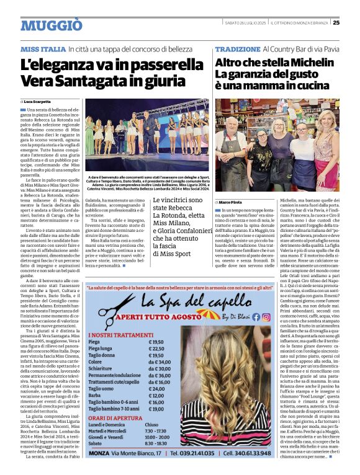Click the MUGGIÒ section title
pyautogui.click(x=51, y=25)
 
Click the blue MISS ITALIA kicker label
pyautogui.click(x=43, y=49)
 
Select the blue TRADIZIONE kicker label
pyautogui.click(x=238, y=49)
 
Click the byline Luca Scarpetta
pyautogui.click(x=38, y=101)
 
